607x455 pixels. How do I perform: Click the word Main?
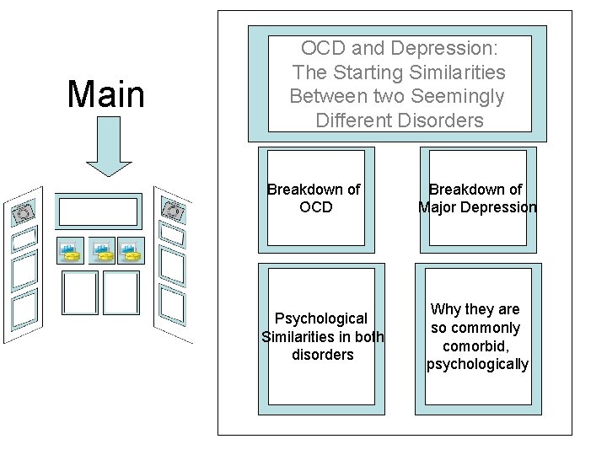[106, 94]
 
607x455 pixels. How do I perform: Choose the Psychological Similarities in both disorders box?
[320, 335]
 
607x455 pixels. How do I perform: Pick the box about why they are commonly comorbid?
[478, 335]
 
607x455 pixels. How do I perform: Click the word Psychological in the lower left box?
[321, 318]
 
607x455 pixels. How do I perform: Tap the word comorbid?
[478, 345]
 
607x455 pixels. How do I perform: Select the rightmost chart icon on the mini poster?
[130, 250]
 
